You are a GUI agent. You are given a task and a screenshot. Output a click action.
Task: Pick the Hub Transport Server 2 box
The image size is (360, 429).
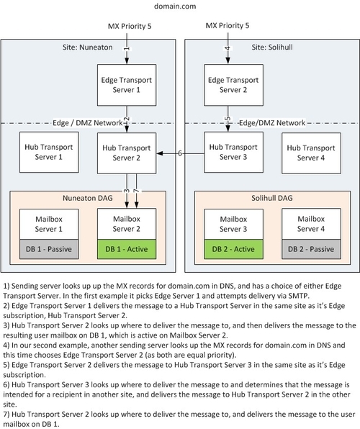point(127,152)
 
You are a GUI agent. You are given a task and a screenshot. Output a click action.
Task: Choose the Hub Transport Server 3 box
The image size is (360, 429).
point(228,152)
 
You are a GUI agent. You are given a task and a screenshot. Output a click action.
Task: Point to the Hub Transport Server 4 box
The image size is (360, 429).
point(305,152)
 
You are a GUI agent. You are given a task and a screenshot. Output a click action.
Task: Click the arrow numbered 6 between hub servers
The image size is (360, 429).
point(180,153)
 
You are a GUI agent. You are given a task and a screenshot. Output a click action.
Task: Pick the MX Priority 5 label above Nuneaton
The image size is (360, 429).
point(128,27)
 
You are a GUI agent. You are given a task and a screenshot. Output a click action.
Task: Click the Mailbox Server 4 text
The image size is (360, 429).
point(305,222)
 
